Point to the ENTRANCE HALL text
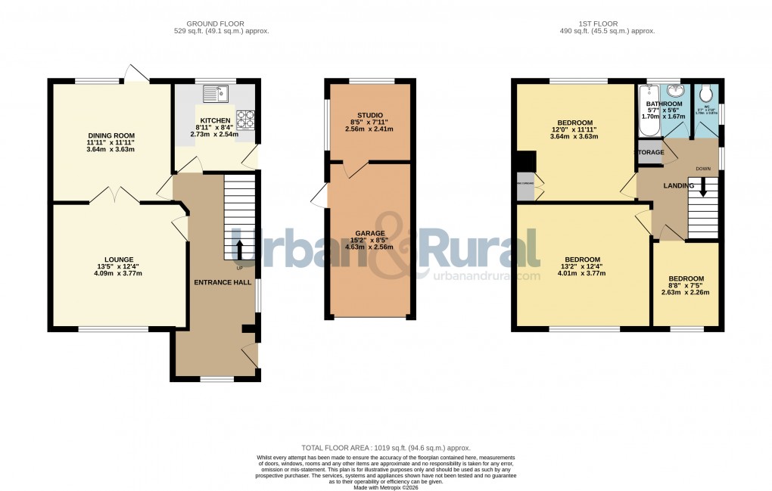222,281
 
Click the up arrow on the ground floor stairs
241,249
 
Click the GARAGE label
370,233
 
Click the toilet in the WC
706,93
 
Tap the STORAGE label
649,153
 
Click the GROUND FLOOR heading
221,23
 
